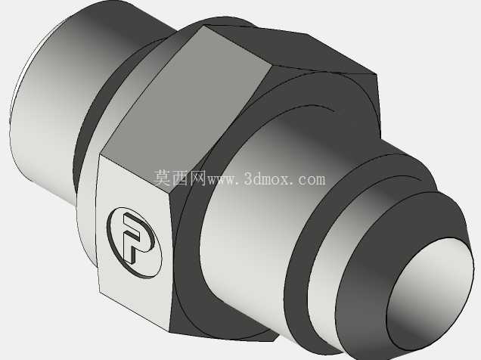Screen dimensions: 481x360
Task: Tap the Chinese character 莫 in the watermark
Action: pos(163,178)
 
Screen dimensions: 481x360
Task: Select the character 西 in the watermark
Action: pos(180,178)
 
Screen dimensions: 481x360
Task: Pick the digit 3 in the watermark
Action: pos(249,178)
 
